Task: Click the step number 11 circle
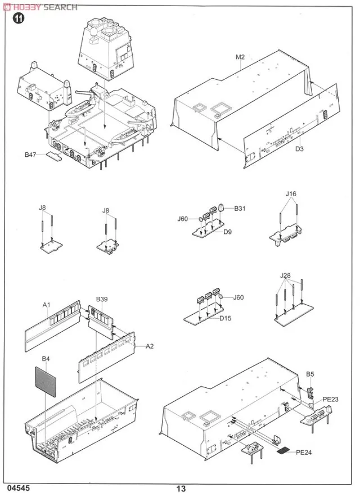(19, 19)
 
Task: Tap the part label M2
(240, 58)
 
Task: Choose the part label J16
(291, 195)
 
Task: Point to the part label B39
(102, 298)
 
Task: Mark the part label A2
(150, 346)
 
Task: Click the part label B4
(46, 358)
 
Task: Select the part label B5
(310, 374)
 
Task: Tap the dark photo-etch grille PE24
(285, 450)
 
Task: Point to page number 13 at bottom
(180, 489)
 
